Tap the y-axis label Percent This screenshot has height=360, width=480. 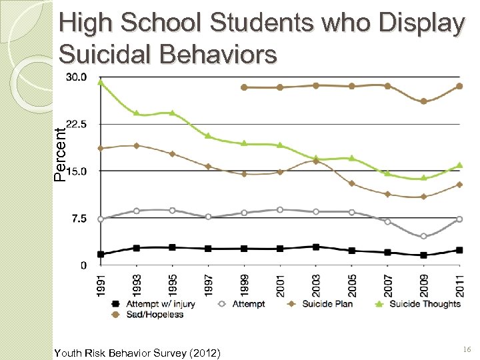click(x=60, y=155)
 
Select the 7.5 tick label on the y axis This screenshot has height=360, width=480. click(x=79, y=219)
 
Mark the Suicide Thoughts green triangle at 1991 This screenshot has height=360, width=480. click(x=101, y=82)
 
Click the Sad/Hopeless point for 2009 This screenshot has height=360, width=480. click(x=423, y=101)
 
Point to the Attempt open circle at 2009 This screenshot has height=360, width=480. click(x=423, y=236)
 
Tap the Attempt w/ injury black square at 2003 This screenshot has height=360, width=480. click(x=316, y=247)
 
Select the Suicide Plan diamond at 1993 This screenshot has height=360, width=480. click(x=137, y=145)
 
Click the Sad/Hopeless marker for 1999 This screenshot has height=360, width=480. click(x=244, y=87)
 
